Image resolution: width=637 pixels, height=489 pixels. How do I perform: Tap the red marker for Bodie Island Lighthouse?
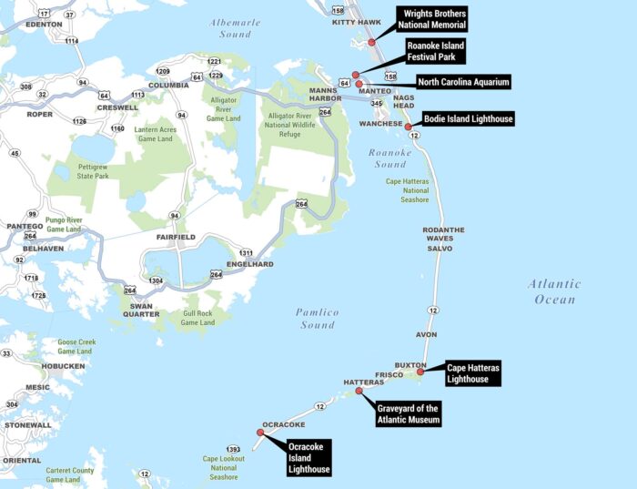pyautogui.click(x=409, y=127)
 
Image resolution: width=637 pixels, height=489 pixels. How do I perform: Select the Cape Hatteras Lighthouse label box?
pyautogui.click(x=472, y=372)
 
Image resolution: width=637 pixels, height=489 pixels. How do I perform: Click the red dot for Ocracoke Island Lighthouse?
pyautogui.click(x=261, y=433)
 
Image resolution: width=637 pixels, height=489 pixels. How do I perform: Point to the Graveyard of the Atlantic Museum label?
pyautogui.click(x=409, y=413)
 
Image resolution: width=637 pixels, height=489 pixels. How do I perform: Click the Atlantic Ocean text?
pyautogui.click(x=553, y=291)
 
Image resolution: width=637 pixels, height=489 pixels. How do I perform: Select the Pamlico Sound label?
pyautogui.click(x=317, y=319)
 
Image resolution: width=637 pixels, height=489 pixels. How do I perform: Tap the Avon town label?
pyautogui.click(x=427, y=335)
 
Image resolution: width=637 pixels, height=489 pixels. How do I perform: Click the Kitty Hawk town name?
pyautogui.click(x=357, y=22)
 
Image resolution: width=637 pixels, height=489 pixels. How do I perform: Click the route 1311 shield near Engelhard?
pyautogui.click(x=246, y=252)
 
